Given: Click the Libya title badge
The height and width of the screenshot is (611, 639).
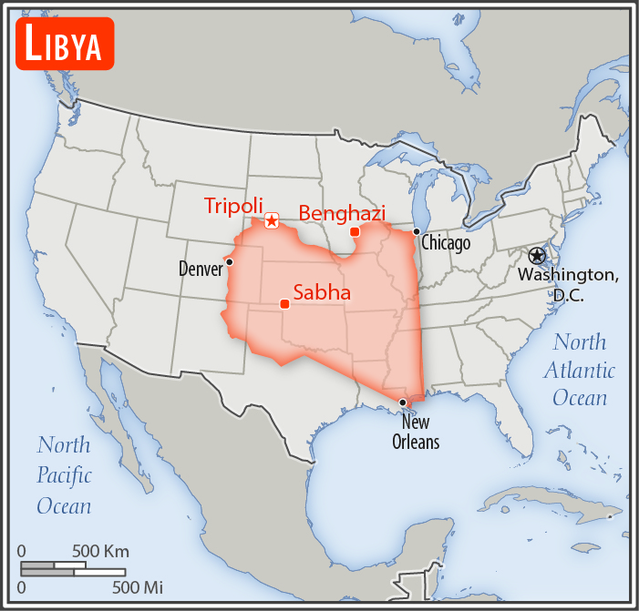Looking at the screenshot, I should pyautogui.click(x=64, y=44).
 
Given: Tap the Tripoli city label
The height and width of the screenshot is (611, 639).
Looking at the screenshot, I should pyautogui.click(x=234, y=205).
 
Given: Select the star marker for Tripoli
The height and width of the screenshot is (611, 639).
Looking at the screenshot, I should pyautogui.click(x=272, y=221).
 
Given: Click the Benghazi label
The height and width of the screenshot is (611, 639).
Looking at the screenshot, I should pyautogui.click(x=342, y=212).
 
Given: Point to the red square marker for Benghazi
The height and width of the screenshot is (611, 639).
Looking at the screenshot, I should pyautogui.click(x=355, y=232).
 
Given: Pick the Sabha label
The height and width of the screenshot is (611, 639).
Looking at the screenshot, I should pyautogui.click(x=322, y=293).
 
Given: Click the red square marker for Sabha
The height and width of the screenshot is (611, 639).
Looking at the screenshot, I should pyautogui.click(x=284, y=303).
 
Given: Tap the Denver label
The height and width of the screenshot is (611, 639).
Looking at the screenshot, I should pyautogui.click(x=201, y=270).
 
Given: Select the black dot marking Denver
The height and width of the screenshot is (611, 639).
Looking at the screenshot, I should pyautogui.click(x=230, y=262).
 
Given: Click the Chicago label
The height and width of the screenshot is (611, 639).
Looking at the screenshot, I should pyautogui.click(x=446, y=244).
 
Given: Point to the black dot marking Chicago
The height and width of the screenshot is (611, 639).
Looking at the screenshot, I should pyautogui.click(x=417, y=232).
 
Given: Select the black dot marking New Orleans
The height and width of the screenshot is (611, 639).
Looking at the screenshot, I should pyautogui.click(x=403, y=402).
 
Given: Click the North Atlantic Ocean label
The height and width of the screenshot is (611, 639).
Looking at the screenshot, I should pyautogui.click(x=579, y=370).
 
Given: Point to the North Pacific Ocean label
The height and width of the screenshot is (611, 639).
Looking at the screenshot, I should pyautogui.click(x=64, y=474).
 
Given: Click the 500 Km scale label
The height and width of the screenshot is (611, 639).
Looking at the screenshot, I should pyautogui.click(x=100, y=551).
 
